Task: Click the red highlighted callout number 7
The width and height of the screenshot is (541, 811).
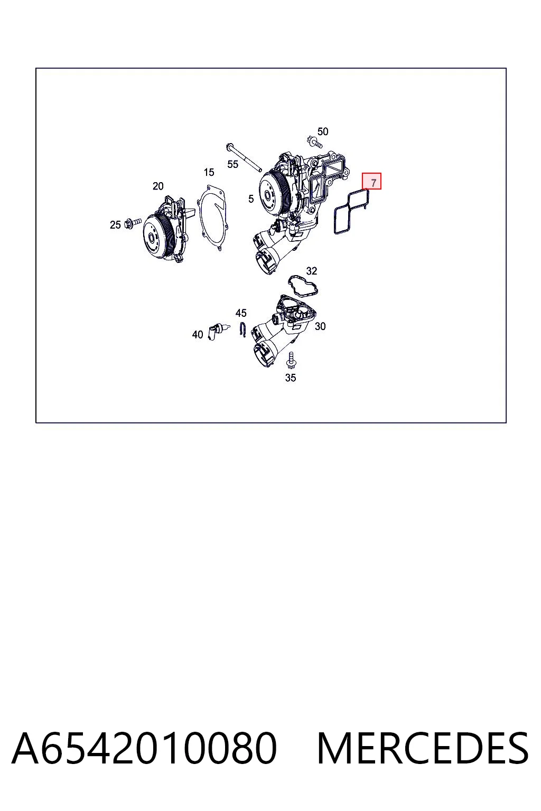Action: [x=371, y=181]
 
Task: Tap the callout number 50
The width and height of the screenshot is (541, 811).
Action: [x=322, y=131]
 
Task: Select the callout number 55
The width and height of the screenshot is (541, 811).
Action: [x=232, y=164]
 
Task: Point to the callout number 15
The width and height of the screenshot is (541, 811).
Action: [x=209, y=172]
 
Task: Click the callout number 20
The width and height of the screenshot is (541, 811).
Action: [x=158, y=186]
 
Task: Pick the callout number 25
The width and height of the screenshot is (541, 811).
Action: [x=115, y=225]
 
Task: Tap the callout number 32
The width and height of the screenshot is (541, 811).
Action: [x=312, y=271]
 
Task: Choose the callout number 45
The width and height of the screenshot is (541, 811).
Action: [x=241, y=313]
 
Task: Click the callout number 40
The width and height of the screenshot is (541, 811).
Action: [x=198, y=335]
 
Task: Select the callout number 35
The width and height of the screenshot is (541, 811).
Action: [x=291, y=378]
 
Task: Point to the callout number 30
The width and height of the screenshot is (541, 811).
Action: [x=320, y=327]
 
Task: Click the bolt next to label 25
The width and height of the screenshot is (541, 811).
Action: [x=133, y=222]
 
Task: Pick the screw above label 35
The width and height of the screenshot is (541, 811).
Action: [x=290, y=360]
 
